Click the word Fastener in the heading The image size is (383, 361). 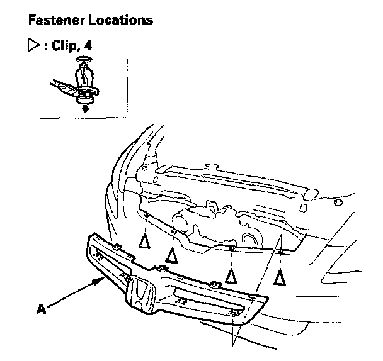(x=52, y=21)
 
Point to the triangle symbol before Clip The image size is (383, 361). (x=34, y=47)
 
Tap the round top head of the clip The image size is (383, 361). (x=84, y=62)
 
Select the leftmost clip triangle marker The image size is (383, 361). (x=145, y=240)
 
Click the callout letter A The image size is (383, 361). (x=42, y=309)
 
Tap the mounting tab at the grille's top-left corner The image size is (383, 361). (x=117, y=245)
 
